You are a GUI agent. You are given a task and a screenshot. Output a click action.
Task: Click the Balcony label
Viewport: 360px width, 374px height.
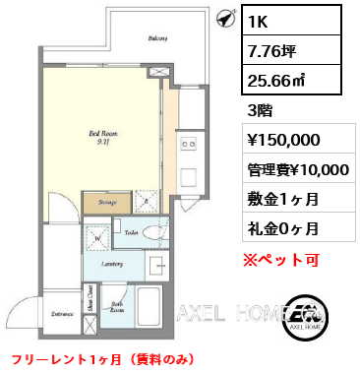pyautogui.click(x=156, y=38)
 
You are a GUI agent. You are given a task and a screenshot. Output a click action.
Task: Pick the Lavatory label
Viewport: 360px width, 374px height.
pyautogui.click(x=110, y=263)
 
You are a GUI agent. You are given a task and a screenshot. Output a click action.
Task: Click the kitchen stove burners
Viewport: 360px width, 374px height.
pyautogui.click(x=187, y=147)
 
